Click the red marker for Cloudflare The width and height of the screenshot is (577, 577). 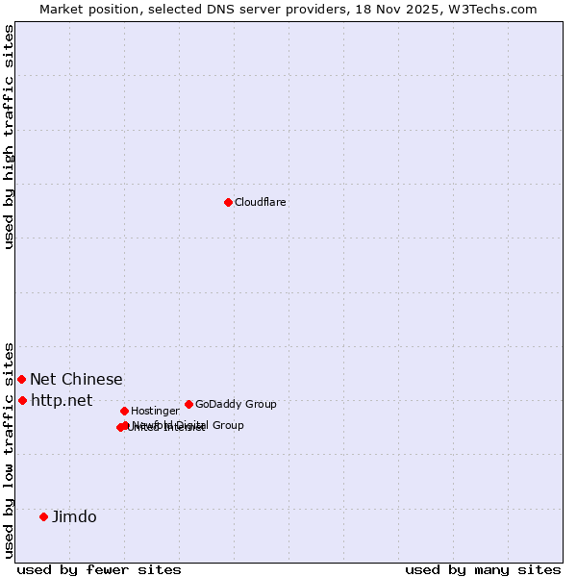pyautogui.click(x=228, y=202)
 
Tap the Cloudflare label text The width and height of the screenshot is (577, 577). pyautogui.click(x=261, y=203)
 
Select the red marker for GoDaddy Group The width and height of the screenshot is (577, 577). pyautogui.click(x=188, y=404)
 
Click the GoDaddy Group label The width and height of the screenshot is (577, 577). pyautogui.click(x=236, y=405)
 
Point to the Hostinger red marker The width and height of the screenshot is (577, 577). pyautogui.click(x=124, y=411)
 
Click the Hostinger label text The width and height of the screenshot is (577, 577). pyautogui.click(x=155, y=412)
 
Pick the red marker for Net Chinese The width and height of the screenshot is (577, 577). pyautogui.click(x=21, y=379)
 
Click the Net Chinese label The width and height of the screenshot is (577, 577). pyautogui.click(x=76, y=380)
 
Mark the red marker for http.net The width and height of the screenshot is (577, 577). pyautogui.click(x=22, y=400)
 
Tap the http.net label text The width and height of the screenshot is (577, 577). pyautogui.click(x=62, y=401)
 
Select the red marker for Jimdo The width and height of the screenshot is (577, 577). pyautogui.click(x=43, y=516)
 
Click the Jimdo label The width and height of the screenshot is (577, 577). pyautogui.click(x=74, y=517)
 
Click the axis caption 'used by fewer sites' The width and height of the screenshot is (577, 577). pyautogui.click(x=100, y=570)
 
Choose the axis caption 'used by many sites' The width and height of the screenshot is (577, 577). pyautogui.click(x=483, y=570)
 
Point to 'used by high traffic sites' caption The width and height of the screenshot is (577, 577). pyautogui.click(x=9, y=137)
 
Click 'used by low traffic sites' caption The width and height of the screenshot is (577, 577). pyautogui.click(x=9, y=450)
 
